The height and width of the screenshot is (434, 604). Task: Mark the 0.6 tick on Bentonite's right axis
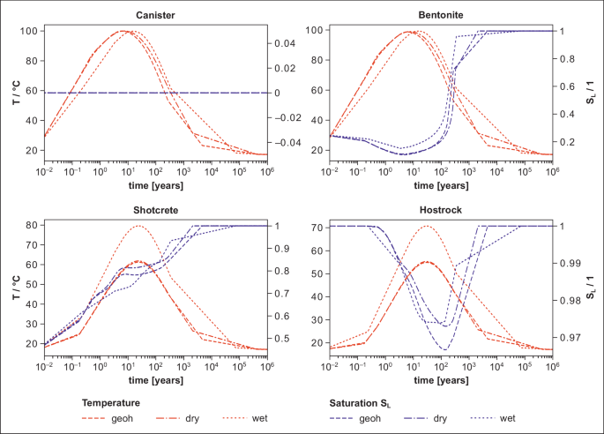(569, 86)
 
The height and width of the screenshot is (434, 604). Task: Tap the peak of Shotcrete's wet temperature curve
(138, 226)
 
